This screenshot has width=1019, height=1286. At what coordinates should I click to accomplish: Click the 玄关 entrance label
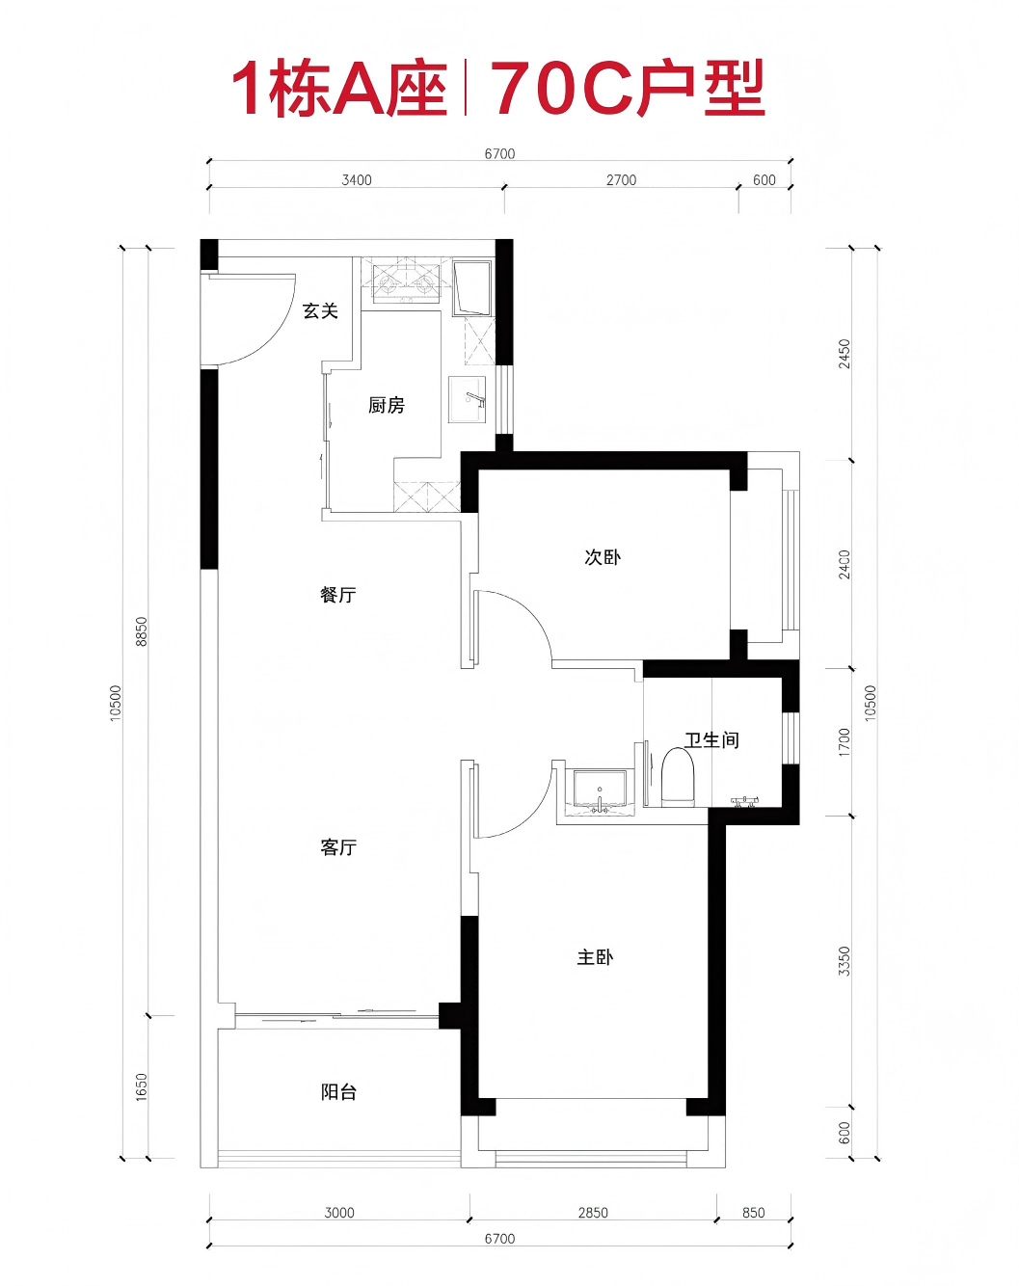point(320,310)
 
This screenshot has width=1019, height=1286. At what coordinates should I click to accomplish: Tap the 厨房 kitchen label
point(386,406)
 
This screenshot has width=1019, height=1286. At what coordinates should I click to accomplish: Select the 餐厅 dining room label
point(338,595)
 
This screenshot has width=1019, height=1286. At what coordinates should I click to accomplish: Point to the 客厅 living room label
point(338,846)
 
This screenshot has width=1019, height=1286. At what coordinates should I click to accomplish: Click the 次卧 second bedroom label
point(603,557)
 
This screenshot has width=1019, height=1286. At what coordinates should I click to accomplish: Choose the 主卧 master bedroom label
point(595,956)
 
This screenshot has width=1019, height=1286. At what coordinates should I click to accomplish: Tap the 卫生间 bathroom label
point(711,739)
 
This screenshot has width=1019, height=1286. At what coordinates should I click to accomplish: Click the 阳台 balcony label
point(338,1092)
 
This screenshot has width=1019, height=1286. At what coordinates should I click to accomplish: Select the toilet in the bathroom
point(678,776)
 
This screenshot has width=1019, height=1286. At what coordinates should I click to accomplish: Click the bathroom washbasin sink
point(600,791)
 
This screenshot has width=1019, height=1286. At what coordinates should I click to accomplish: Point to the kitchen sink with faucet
point(468,399)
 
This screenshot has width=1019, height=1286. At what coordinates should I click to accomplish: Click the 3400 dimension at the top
point(357,180)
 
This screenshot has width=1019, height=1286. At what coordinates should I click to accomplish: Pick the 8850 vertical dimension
point(141,631)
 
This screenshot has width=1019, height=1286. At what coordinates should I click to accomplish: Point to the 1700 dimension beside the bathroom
point(844,742)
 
